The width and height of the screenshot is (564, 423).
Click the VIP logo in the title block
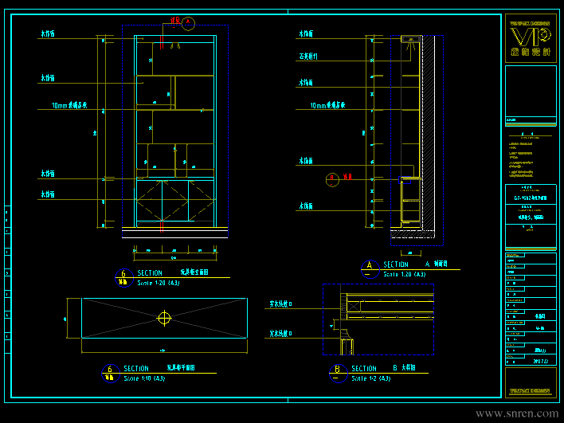(530, 36)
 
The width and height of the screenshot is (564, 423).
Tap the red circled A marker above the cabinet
(188, 23)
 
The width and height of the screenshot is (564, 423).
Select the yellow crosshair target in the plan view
(164, 318)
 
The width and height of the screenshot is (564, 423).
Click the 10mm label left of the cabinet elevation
(69, 105)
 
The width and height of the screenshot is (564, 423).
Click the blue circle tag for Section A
(369, 268)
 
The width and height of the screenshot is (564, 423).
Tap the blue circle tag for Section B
(337, 370)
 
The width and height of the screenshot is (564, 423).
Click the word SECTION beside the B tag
(364, 369)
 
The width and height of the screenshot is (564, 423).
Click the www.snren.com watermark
(517, 413)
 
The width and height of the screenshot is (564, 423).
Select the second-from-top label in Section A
(308, 57)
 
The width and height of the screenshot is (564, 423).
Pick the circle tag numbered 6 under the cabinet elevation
(122, 276)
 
